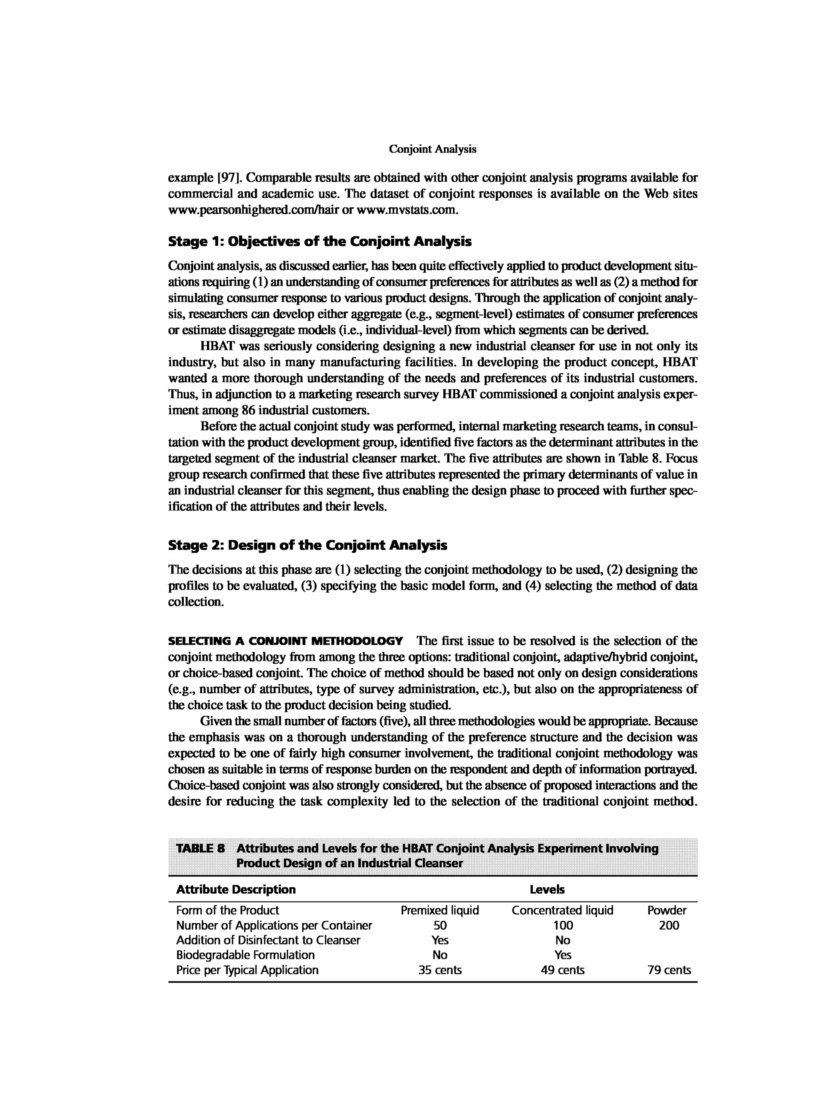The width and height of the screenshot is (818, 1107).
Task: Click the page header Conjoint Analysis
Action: click(x=432, y=149)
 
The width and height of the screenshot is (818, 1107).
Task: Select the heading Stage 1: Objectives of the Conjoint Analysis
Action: click(x=320, y=242)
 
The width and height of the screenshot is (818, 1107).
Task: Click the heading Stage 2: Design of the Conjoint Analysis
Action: click(x=308, y=545)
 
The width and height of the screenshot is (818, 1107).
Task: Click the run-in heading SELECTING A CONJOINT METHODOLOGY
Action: click(x=285, y=642)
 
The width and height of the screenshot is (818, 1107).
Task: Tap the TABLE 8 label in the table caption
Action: click(x=201, y=849)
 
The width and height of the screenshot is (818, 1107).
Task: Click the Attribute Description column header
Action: click(x=236, y=890)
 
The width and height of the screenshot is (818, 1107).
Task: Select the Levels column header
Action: click(x=547, y=890)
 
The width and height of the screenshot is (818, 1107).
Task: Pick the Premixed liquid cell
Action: click(x=440, y=910)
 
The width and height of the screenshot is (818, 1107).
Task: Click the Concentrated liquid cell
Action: click(x=562, y=910)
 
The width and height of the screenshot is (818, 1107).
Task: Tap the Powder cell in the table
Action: click(x=667, y=910)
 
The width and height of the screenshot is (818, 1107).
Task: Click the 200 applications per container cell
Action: click(x=669, y=925)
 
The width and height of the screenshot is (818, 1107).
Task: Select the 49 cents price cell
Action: click(x=562, y=970)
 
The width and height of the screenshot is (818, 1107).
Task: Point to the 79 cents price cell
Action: click(x=669, y=970)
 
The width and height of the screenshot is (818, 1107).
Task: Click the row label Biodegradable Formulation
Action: click(x=245, y=955)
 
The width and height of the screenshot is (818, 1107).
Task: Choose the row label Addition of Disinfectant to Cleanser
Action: click(x=268, y=940)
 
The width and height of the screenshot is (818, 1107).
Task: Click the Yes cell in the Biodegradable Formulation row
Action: click(x=562, y=955)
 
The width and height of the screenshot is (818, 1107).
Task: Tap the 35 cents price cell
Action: click(x=440, y=970)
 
